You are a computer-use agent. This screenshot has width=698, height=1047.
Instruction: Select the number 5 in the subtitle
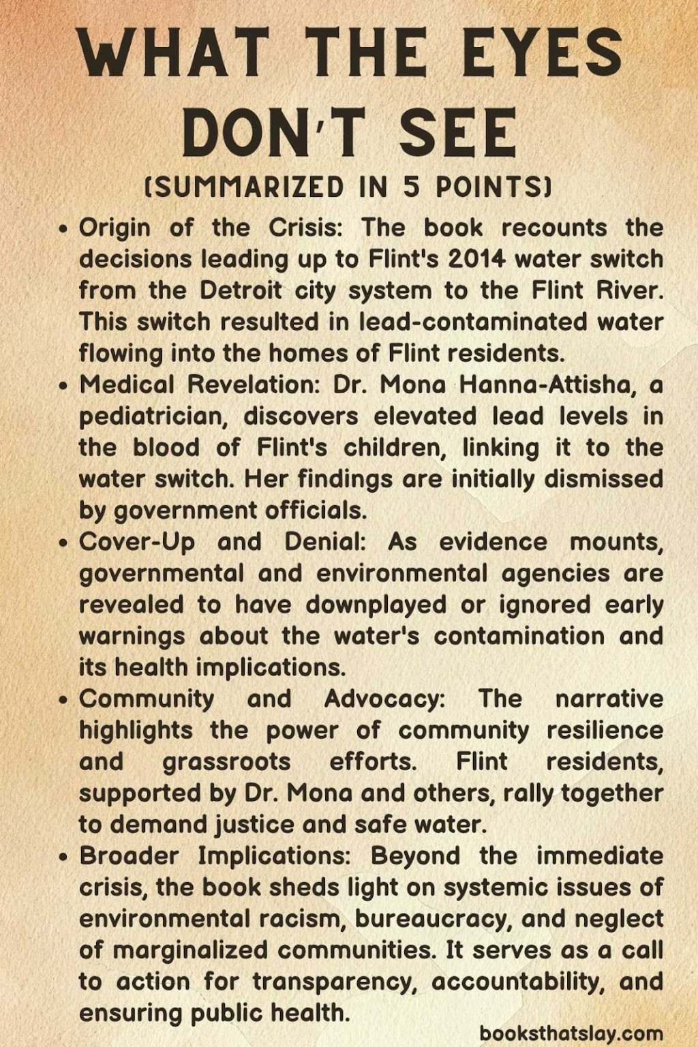pyautogui.click(x=410, y=186)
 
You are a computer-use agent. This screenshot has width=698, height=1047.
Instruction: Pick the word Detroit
pyautogui.click(x=241, y=290)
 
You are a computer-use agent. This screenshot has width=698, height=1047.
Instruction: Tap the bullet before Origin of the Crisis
pyautogui.click(x=63, y=228)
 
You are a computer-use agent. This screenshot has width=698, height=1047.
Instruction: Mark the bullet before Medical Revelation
pyautogui.click(x=63, y=385)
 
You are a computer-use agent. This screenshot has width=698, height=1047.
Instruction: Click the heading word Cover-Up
pyautogui.click(x=137, y=541)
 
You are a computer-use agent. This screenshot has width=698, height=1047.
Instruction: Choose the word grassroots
pyautogui.click(x=226, y=761)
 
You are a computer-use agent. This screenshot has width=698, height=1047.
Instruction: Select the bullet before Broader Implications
pyautogui.click(x=63, y=856)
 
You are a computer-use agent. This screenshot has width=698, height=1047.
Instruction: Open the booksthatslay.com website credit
pyautogui.click(x=571, y=1033)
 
